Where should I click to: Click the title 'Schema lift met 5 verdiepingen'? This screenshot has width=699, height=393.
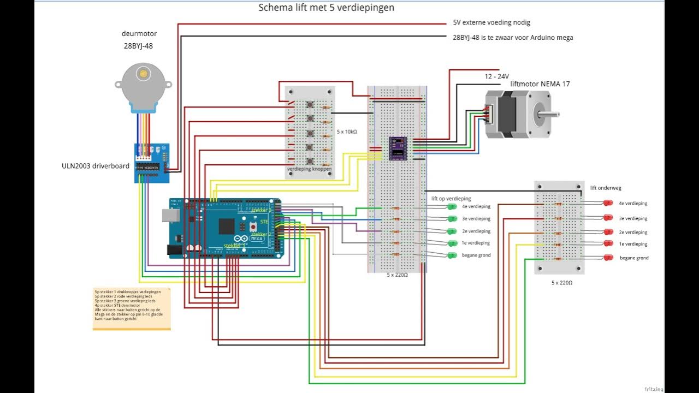pyautogui.click(x=326, y=8)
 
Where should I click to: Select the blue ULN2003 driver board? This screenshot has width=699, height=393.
pyautogui.click(x=152, y=163)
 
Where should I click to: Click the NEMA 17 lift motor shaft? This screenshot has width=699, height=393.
pyautogui.click(x=549, y=114)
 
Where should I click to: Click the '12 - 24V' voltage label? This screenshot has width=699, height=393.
pyautogui.click(x=497, y=76)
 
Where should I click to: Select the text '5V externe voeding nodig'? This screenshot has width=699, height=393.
pyautogui.click(x=491, y=23)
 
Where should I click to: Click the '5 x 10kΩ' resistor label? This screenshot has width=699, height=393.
pyautogui.click(x=347, y=132)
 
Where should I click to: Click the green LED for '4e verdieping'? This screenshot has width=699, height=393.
pyautogui.click(x=452, y=206)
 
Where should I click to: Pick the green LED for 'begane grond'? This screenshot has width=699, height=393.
pyautogui.click(x=452, y=255)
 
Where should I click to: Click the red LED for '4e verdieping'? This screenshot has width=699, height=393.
pyautogui.click(x=608, y=203)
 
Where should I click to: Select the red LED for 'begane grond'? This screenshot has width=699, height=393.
pyautogui.click(x=608, y=258)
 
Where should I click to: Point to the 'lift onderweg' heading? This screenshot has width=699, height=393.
pyautogui.click(x=606, y=188)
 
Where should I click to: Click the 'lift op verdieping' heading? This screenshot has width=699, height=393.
pyautogui.click(x=451, y=199)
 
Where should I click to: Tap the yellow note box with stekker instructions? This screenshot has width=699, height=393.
pyautogui.click(x=131, y=309)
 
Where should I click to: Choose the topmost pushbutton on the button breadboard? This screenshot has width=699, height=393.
pyautogui.click(x=310, y=105)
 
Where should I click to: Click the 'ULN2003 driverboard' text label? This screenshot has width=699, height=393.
pyautogui.click(x=96, y=165)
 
